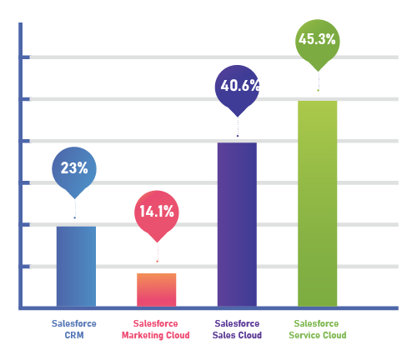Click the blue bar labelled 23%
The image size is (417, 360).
[76, 265]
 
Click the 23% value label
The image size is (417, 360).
[74, 168]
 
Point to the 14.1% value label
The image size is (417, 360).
[157, 212]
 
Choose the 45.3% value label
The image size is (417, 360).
[317, 39]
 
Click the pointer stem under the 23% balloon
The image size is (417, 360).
[76, 210]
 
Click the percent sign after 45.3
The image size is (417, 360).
[331, 39]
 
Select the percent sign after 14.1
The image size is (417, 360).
[170, 212]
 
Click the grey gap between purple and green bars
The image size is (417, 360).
[277, 225]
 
